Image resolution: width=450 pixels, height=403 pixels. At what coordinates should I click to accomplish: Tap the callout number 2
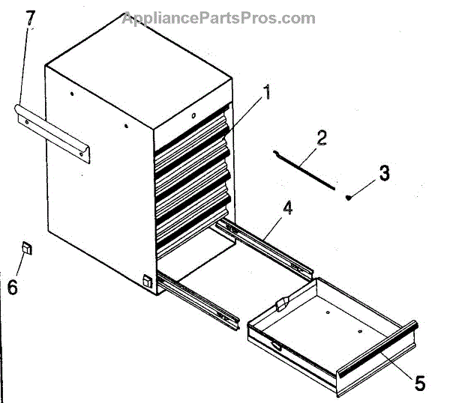click(x=322, y=138)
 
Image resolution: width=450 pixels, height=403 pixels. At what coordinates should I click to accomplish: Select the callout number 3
click(x=383, y=173)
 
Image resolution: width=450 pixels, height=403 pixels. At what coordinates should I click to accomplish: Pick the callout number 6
click(x=13, y=286)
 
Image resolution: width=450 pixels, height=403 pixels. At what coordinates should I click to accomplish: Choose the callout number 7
click(x=31, y=18)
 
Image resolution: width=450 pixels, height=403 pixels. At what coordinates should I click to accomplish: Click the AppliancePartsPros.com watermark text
click(x=218, y=17)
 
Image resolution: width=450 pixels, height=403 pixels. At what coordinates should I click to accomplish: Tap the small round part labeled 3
click(x=349, y=197)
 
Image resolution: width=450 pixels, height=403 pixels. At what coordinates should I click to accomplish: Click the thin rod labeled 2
click(x=307, y=170)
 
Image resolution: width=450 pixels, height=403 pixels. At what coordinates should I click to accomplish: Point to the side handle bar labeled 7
click(x=52, y=131)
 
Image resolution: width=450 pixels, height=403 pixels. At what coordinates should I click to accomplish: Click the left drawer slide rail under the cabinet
click(x=198, y=297)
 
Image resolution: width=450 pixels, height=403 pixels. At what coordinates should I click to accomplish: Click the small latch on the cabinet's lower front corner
click(x=147, y=282)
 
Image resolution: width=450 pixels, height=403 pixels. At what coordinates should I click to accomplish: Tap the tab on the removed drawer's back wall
click(x=283, y=304)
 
